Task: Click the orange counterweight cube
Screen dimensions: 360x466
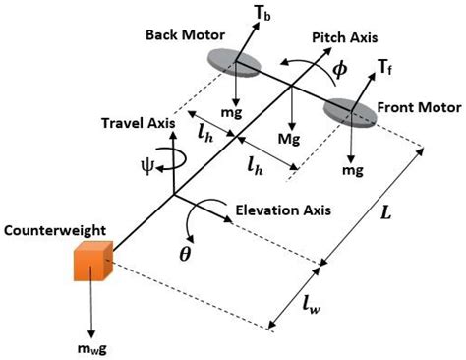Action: click(x=93, y=263)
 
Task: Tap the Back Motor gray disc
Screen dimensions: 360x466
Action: click(x=234, y=63)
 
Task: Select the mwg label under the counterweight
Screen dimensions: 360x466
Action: click(x=96, y=347)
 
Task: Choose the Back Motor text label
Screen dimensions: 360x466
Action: click(x=181, y=35)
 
